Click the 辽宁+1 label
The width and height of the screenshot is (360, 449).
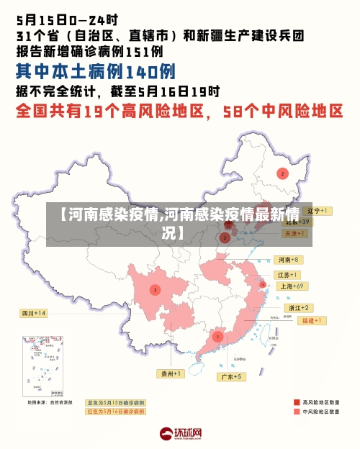tap(316, 211)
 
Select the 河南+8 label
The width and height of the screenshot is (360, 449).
tap(288, 259)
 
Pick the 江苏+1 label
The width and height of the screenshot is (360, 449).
tap(287, 275)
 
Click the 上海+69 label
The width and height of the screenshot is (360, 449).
tap(292, 286)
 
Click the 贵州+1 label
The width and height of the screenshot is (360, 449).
tap(171, 373)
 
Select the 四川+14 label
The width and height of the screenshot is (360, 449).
tap(33, 313)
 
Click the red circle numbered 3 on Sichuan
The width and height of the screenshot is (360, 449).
tap(154, 289)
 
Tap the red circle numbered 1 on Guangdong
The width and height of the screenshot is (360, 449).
tap(217, 336)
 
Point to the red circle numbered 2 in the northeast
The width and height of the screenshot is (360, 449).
tap(282, 173)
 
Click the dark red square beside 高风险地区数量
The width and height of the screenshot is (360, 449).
tap(296, 402)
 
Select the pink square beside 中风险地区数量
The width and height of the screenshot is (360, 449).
tap(296, 412)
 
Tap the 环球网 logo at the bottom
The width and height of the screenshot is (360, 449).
tap(180, 434)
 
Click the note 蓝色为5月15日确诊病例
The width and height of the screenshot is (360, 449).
tap(116, 402)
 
